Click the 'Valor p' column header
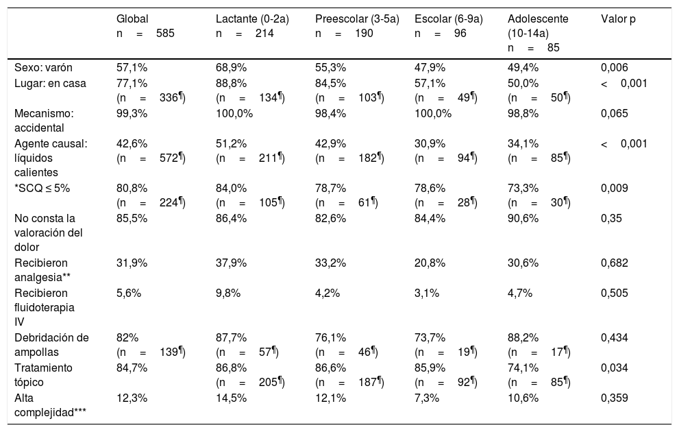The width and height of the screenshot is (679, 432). click(x=618, y=19)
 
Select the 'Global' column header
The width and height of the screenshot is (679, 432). click(x=132, y=19)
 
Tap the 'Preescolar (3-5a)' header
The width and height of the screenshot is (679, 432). click(x=357, y=19)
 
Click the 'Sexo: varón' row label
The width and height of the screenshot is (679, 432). click(x=43, y=68)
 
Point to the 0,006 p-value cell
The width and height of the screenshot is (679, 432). click(x=614, y=68)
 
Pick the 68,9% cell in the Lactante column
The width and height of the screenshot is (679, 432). click(x=231, y=68)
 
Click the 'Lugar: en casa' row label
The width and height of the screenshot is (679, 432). click(x=50, y=83)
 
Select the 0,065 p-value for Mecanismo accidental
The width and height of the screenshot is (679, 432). click(x=614, y=114)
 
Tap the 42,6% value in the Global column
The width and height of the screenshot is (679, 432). click(x=132, y=144)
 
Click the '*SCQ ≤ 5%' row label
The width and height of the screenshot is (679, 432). click(x=42, y=188)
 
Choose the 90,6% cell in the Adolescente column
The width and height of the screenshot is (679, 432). click(x=523, y=218)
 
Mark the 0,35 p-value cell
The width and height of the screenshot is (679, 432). click(x=611, y=218)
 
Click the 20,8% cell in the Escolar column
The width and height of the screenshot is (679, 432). click(x=430, y=263)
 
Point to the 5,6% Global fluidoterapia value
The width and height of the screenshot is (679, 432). click(x=129, y=293)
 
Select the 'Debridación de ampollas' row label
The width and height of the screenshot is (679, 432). click(x=51, y=345)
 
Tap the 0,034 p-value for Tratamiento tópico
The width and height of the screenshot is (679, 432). click(x=614, y=368)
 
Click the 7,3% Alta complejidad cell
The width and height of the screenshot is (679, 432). click(x=427, y=398)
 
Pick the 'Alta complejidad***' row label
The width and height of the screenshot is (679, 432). click(x=50, y=405)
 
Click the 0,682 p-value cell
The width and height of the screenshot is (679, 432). click(x=614, y=263)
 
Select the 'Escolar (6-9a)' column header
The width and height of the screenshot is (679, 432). click(x=449, y=19)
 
